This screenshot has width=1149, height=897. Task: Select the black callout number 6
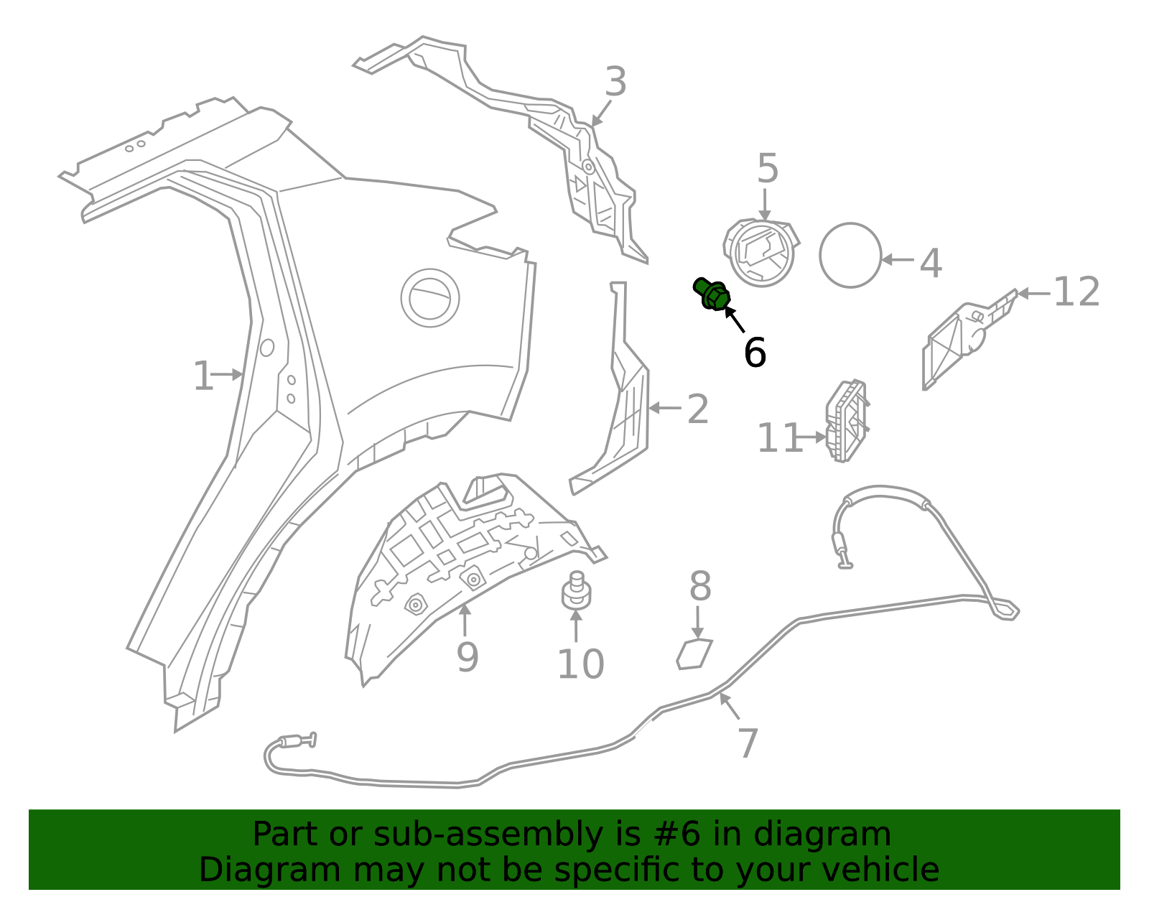[755, 353]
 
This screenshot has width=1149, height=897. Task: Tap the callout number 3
[615, 82]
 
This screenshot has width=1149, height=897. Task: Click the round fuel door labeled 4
[850, 256]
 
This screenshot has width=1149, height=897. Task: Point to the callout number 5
[767, 169]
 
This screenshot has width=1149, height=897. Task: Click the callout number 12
[1076, 292]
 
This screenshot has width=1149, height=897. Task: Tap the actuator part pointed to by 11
[847, 422]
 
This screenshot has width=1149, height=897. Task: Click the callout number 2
[697, 409]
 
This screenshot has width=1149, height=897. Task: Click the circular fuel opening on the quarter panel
[430, 297]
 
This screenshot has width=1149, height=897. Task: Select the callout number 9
[467, 656]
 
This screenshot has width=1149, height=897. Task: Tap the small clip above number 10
[575, 591]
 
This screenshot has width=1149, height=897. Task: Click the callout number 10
[580, 664]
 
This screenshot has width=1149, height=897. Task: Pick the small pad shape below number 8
[694, 654]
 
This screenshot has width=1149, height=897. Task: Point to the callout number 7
[748, 743]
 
